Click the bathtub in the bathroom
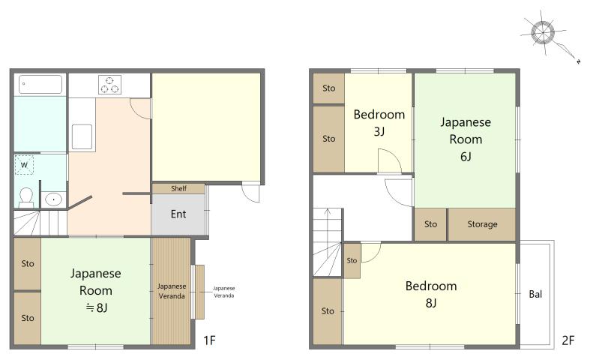click(40, 84)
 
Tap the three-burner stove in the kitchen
click(110, 85)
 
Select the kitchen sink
click(82, 137)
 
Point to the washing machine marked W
click(24, 165)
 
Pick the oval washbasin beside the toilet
click(53, 199)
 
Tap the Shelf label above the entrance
click(178, 188)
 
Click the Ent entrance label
click(178, 214)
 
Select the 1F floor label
click(209, 340)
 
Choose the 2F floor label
click(568, 340)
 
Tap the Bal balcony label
click(535, 294)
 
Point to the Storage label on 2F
click(482, 224)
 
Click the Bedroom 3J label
click(379, 123)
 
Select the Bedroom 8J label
click(431, 294)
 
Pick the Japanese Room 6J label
click(466, 139)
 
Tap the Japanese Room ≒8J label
click(96, 290)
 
